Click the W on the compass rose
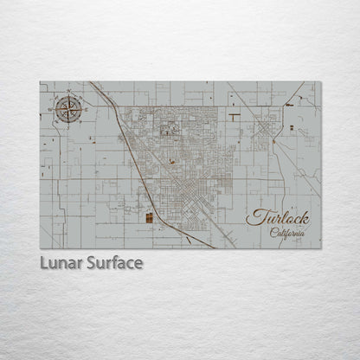pos(58,108)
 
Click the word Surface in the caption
pos(112,262)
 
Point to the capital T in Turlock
pos(254,217)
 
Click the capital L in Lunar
pos(44,262)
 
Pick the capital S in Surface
pos(90,262)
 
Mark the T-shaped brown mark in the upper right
pos(235,114)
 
